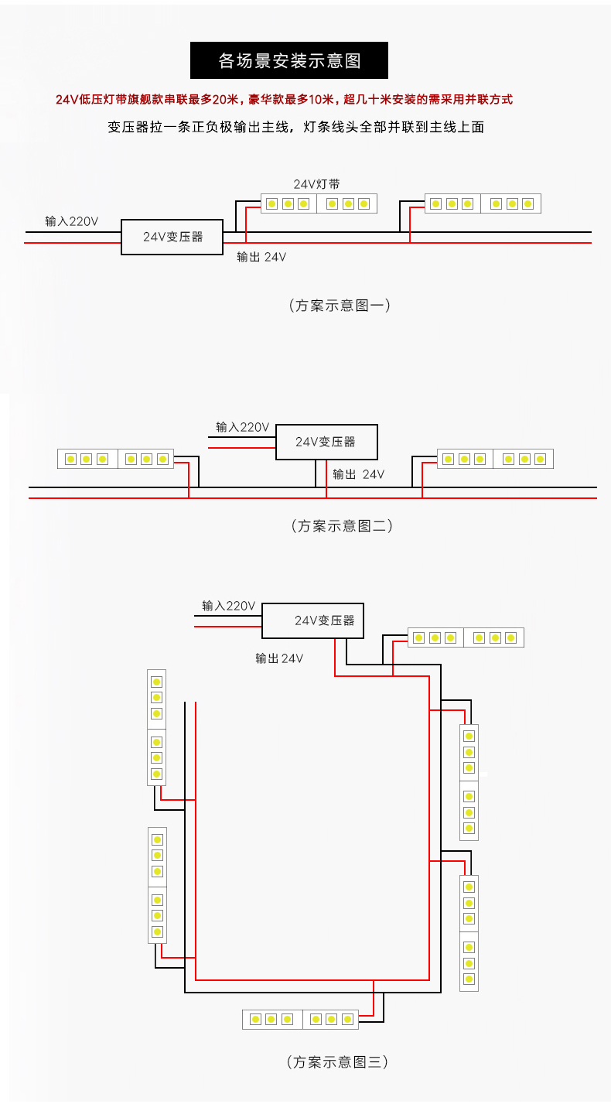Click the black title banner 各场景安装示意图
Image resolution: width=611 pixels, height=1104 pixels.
point(289,60)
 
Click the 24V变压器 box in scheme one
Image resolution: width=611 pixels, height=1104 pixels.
point(172,237)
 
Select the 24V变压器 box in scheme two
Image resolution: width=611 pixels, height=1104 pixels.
point(326,442)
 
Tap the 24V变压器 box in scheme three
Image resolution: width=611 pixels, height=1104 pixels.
point(313,620)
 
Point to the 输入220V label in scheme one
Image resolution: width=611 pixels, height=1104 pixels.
point(71,221)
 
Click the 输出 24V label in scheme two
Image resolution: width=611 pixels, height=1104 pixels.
point(358,474)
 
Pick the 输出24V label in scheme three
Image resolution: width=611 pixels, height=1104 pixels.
point(279,658)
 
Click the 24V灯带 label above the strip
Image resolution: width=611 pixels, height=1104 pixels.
point(317,184)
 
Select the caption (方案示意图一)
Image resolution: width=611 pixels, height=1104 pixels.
point(340,306)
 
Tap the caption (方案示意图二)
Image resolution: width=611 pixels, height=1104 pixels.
point(342,526)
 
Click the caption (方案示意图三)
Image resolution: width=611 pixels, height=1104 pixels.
point(337,1061)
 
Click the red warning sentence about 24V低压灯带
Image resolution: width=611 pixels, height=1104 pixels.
point(285,100)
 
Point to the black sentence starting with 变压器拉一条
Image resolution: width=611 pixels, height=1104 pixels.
point(295,127)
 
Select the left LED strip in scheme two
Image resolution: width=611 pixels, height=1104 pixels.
point(116,459)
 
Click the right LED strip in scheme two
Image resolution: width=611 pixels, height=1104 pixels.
point(495,459)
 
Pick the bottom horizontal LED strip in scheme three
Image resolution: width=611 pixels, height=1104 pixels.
point(301,1019)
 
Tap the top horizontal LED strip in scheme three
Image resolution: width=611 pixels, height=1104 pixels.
point(466,637)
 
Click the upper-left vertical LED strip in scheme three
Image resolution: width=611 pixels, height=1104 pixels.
point(157,727)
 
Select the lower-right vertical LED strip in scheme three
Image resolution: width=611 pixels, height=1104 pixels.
point(469,933)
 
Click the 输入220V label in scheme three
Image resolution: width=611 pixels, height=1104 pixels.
point(229,606)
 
